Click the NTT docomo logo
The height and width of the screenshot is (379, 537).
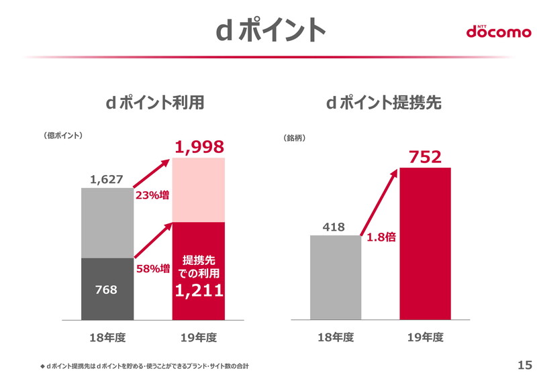click(498, 31)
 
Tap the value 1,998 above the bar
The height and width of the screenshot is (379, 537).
click(199, 147)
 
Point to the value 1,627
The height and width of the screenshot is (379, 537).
click(107, 179)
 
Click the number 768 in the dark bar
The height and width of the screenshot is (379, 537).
click(107, 290)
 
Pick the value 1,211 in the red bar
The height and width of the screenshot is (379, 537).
click(199, 290)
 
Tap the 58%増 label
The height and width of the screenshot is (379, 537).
click(152, 268)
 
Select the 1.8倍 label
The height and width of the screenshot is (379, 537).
click(381, 237)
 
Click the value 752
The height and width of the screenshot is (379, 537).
click(425, 157)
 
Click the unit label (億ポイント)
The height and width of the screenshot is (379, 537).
click(62, 135)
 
